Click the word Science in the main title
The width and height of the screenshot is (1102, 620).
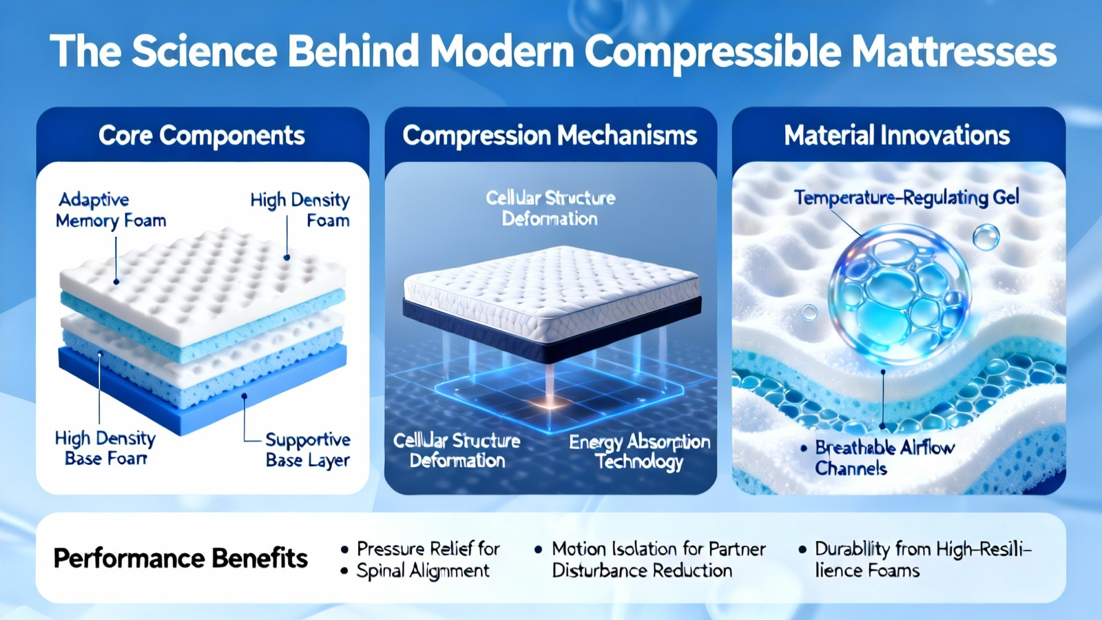point(204,51)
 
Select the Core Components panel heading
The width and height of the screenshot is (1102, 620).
point(202,135)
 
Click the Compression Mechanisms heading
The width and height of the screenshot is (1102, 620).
point(550,135)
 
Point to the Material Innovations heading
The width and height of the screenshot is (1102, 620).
point(897,135)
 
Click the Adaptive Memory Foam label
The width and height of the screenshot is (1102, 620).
point(111,211)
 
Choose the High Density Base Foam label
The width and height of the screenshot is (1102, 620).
point(105,448)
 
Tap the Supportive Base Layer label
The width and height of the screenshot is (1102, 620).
point(308,450)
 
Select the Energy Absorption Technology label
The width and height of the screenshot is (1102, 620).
point(640,452)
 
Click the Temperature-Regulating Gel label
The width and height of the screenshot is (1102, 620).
point(906,198)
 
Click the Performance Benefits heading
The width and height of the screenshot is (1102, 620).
point(180,559)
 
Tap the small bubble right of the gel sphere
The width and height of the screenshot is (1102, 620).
point(986,237)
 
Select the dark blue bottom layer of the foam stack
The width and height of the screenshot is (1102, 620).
point(202,389)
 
